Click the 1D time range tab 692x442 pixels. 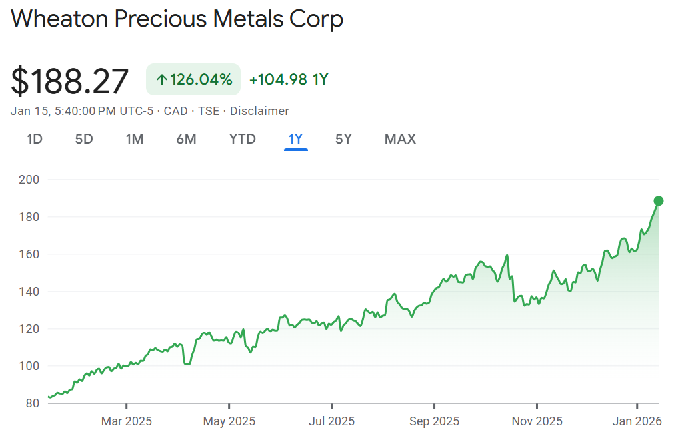(35, 139)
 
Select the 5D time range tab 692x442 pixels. (84, 139)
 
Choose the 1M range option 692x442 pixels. (135, 139)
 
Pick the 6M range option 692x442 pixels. (186, 139)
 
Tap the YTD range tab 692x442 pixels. (243, 139)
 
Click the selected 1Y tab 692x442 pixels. (295, 139)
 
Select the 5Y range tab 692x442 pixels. (343, 139)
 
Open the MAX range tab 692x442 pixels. (400, 139)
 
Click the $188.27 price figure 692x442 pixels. (70, 81)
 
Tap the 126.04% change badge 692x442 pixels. (193, 80)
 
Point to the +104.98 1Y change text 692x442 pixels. (289, 80)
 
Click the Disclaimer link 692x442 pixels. (259, 111)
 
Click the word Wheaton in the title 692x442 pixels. (59, 19)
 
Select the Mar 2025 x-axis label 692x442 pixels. (127, 421)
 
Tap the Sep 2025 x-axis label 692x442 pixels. (435, 421)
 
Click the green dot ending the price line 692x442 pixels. (659, 201)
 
